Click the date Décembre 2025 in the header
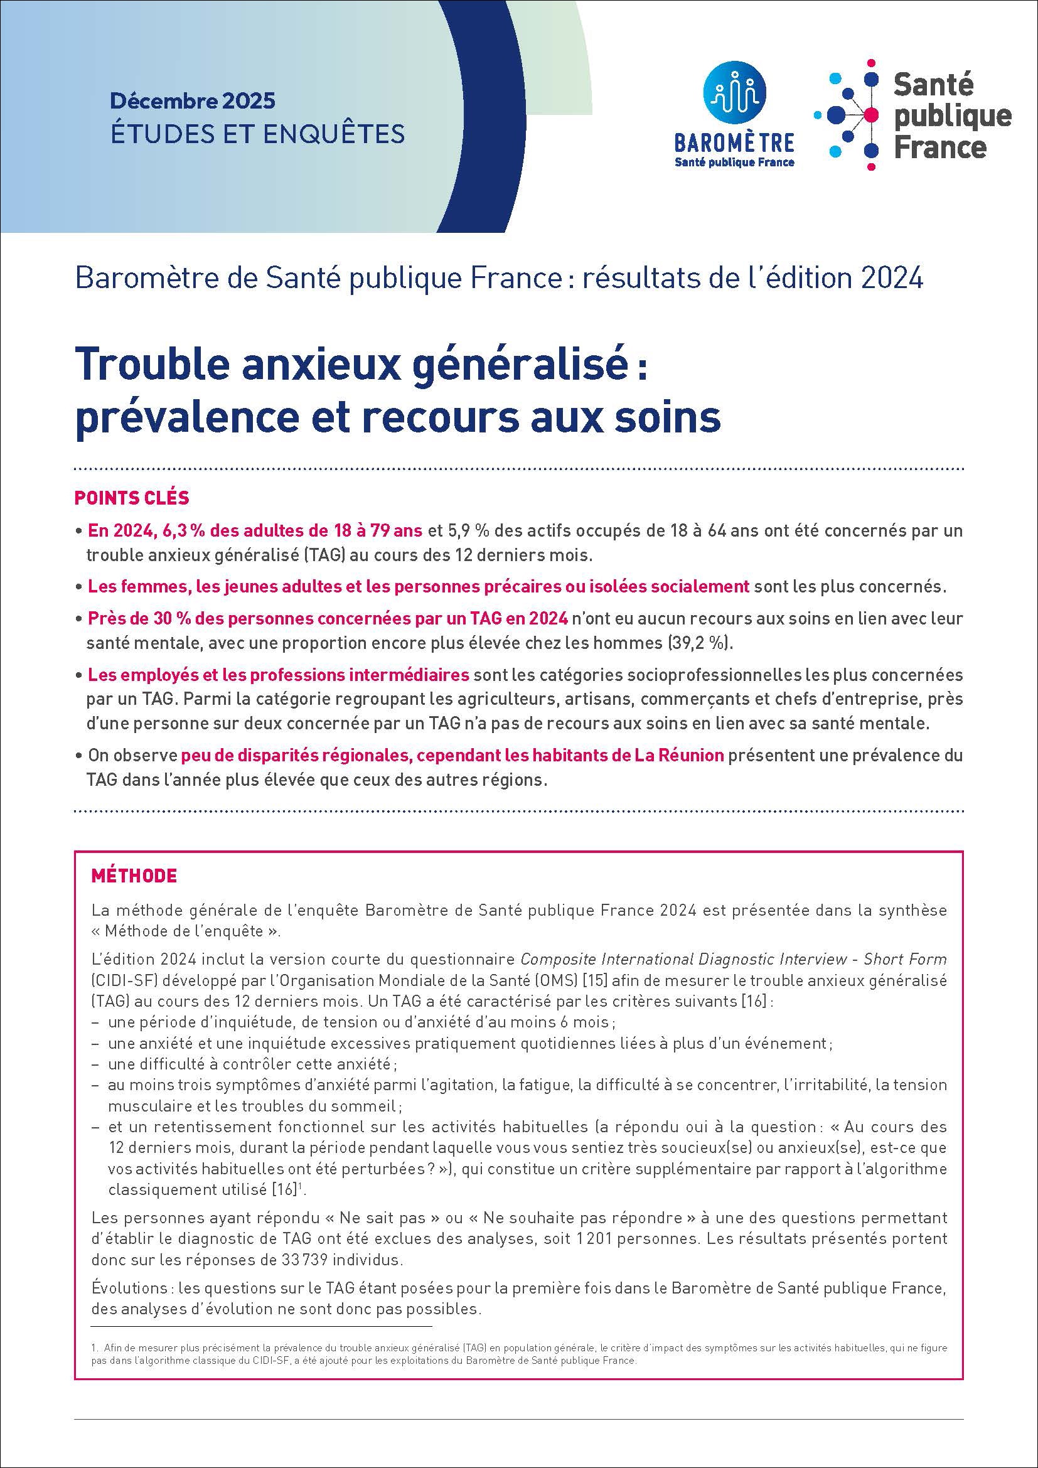click(193, 101)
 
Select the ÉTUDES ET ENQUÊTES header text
click(257, 134)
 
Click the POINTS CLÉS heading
click(132, 498)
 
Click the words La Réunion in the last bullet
click(680, 755)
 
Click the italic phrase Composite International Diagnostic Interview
click(683, 960)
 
